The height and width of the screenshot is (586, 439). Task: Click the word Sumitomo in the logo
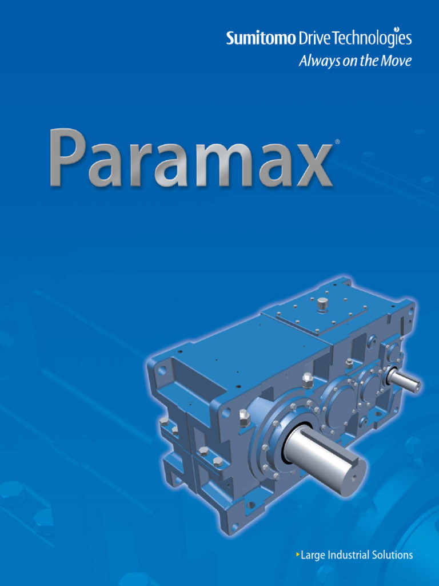[x=261, y=39]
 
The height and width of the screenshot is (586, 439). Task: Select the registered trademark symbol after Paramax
[x=337, y=141]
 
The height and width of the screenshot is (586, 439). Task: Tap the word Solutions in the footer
[x=392, y=555]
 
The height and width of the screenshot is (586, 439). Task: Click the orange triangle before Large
[x=298, y=555]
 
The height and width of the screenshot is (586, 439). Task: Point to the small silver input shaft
[x=406, y=381]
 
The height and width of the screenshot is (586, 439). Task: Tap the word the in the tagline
[x=370, y=61]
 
